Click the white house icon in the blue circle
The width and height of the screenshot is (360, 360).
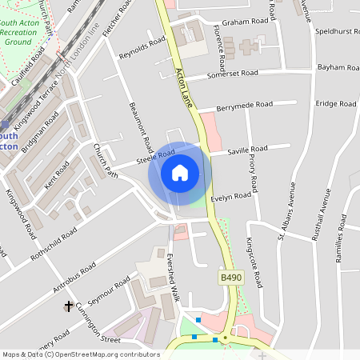tap(180, 173)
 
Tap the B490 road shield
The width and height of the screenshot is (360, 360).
tap(230, 278)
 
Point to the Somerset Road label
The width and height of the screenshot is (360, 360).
tap(232, 74)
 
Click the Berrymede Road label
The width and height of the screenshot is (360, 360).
tap(246, 105)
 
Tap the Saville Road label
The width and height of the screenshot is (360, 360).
tap(247, 150)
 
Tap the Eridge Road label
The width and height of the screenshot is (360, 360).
tap(336, 104)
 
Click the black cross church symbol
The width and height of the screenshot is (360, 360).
tap(69, 306)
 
